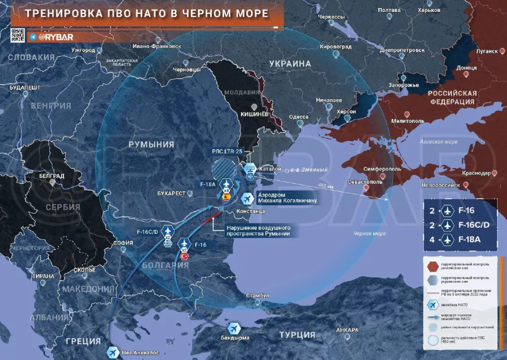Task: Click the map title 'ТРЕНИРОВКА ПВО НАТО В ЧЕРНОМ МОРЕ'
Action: tap(147, 13)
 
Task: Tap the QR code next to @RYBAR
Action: tap(18, 36)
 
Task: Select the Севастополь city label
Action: tap(366, 182)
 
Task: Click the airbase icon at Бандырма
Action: tap(234, 328)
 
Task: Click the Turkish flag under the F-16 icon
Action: tap(184, 256)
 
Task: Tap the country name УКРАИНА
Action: tap(290, 64)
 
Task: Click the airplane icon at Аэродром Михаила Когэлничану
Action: tap(246, 198)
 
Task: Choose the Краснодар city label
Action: tap(476, 173)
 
